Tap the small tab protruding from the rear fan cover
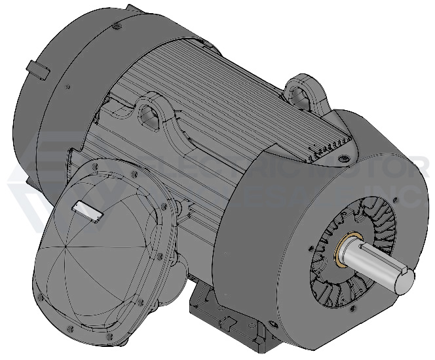pos(39,68)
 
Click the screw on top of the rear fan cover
pos(116,26)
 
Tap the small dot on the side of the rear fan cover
pos(67,86)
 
